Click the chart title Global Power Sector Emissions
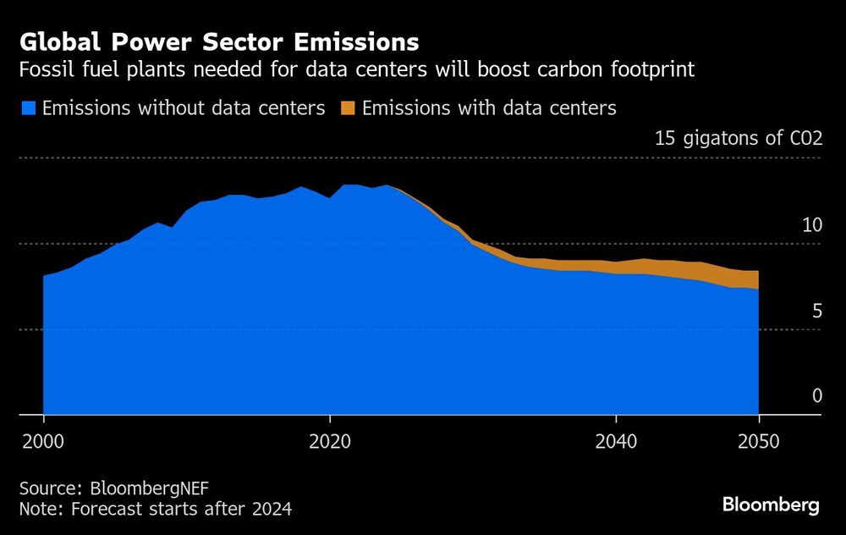click(x=218, y=41)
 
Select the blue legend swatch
click(x=29, y=108)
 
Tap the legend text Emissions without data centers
click(x=184, y=108)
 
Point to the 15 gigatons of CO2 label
click(x=738, y=139)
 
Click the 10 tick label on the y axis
click(x=811, y=225)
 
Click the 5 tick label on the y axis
click(x=816, y=312)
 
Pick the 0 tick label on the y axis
click(x=816, y=396)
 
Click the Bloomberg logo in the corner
click(x=771, y=505)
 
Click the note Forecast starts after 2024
click(x=182, y=509)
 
